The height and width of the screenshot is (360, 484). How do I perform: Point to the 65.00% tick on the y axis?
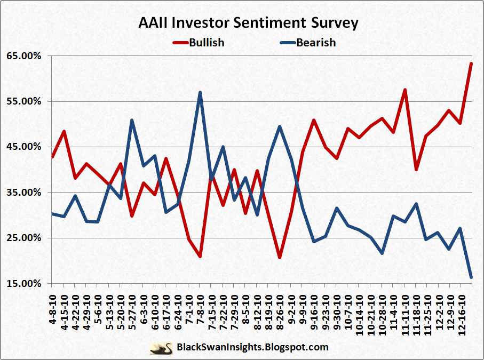pyautogui.click(x=23, y=56)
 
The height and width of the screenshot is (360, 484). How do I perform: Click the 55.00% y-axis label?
pyautogui.click(x=23, y=101)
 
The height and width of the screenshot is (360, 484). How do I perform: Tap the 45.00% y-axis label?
pyautogui.click(x=23, y=147)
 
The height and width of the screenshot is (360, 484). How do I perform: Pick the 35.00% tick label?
pyautogui.click(x=23, y=193)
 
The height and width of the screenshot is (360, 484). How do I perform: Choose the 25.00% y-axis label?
pyautogui.click(x=23, y=238)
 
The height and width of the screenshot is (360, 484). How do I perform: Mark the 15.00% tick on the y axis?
pyautogui.click(x=23, y=283)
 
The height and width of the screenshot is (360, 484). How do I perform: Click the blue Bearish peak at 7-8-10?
pyautogui.click(x=200, y=92)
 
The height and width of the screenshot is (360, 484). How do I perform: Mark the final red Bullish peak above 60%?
pyautogui.click(x=471, y=63)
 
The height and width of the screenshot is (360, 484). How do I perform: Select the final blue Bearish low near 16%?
pyautogui.click(x=471, y=277)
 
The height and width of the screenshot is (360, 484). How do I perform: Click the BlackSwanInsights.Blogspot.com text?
pyautogui.click(x=252, y=348)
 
